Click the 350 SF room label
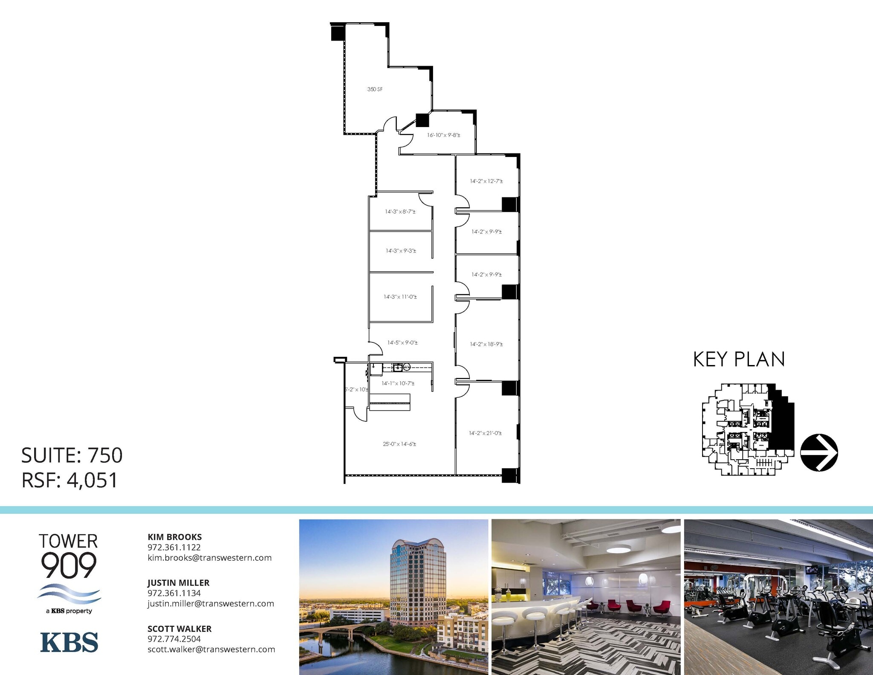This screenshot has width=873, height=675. (x=375, y=90)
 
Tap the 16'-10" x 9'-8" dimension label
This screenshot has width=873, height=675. (x=443, y=135)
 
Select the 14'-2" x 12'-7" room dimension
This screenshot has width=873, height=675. (x=486, y=181)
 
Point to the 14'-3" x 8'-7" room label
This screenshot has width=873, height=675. (x=400, y=211)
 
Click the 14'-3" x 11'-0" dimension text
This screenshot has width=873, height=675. (x=400, y=297)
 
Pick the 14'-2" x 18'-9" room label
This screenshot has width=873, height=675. (x=486, y=344)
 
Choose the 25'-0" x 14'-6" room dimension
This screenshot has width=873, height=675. (x=399, y=444)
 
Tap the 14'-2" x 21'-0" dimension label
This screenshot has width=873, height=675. (x=485, y=433)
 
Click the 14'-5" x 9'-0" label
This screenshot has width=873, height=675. (x=402, y=342)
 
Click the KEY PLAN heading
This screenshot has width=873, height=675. (x=739, y=359)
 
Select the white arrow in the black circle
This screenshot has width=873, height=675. (x=819, y=452)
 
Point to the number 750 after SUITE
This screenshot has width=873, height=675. (x=105, y=455)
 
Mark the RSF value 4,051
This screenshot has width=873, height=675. (x=92, y=480)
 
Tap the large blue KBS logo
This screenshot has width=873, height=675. (x=69, y=642)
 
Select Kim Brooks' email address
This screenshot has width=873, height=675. (x=209, y=558)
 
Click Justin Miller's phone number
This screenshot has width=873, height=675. (x=174, y=593)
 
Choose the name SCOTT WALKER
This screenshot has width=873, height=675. (x=179, y=629)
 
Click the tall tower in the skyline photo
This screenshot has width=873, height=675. (x=418, y=584)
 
